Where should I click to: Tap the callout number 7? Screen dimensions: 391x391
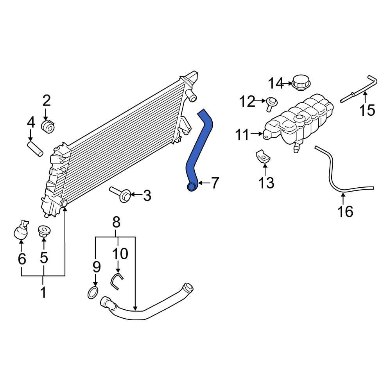[x=215, y=183]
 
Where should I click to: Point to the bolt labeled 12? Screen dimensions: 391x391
[x=271, y=103]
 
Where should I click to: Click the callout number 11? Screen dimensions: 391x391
[x=242, y=135]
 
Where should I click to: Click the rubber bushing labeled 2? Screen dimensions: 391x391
[x=48, y=126]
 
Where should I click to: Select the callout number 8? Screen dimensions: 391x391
[x=116, y=223]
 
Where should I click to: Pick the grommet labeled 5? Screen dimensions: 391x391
[x=43, y=231]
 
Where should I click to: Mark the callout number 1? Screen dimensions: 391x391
[x=43, y=292]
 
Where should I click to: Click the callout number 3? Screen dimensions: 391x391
[x=147, y=195]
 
